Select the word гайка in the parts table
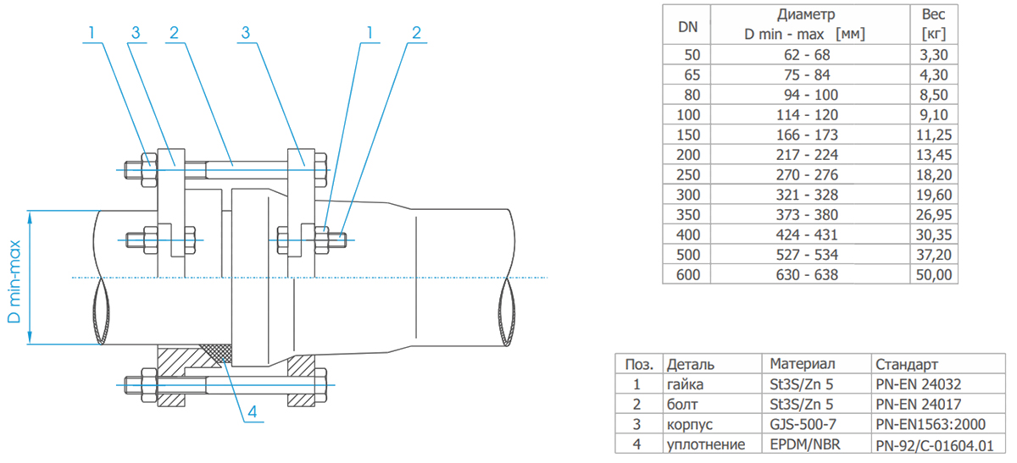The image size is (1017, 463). [686, 383]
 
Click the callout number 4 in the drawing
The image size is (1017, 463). [252, 413]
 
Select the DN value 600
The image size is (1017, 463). [691, 274]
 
